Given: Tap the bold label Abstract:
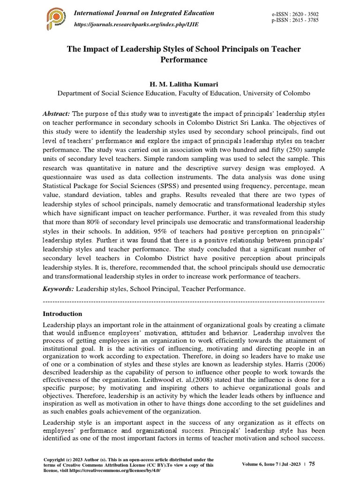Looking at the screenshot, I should (56, 114).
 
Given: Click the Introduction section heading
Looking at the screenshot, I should (62, 314).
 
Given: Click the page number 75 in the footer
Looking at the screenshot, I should (312, 464).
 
